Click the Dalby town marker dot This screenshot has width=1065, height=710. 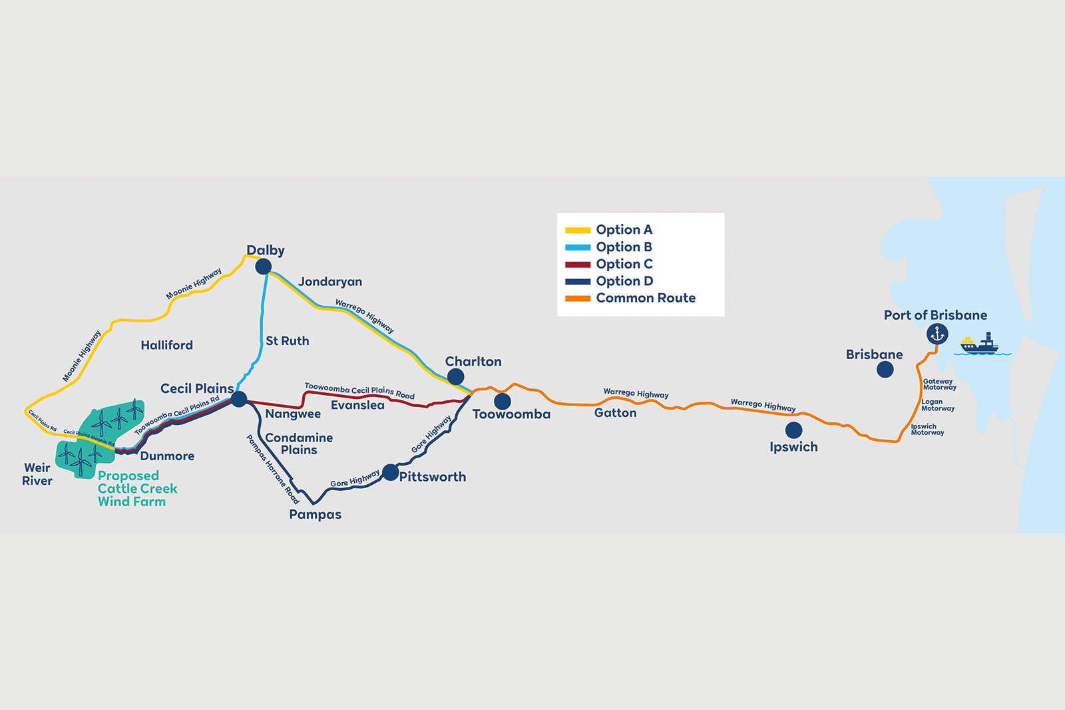(x=264, y=266)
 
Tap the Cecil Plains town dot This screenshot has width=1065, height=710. (x=239, y=399)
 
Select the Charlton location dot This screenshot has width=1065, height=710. (x=455, y=376)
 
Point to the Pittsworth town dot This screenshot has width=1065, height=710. (x=390, y=472)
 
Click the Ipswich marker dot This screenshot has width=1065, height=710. (x=793, y=430)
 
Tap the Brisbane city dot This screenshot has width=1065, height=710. (x=885, y=369)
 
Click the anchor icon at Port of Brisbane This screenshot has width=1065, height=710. (x=937, y=334)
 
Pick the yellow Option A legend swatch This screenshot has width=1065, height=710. (x=578, y=230)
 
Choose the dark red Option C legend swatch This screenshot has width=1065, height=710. (x=578, y=264)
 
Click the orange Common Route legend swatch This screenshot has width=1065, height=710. (x=578, y=298)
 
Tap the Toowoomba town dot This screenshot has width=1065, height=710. (x=502, y=401)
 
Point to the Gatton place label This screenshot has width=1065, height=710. (x=615, y=412)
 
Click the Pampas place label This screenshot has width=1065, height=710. (x=316, y=514)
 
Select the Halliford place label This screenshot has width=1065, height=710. (x=167, y=345)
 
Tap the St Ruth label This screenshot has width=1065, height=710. (x=287, y=341)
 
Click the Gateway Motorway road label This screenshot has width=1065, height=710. (x=939, y=384)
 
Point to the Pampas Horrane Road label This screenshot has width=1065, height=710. (x=273, y=469)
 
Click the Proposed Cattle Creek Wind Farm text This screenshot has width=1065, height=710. (x=137, y=489)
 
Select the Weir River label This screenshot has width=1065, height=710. (x=37, y=474)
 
